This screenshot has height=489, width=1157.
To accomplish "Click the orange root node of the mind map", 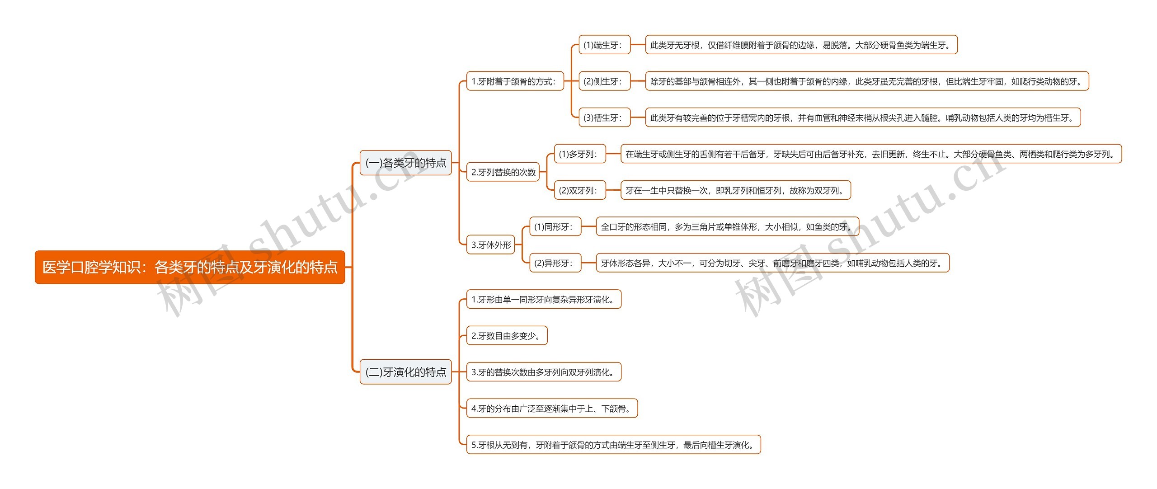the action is click(190, 267).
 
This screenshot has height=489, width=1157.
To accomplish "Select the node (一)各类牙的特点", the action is click(405, 163).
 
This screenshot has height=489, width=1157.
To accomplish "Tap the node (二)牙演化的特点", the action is click(405, 372).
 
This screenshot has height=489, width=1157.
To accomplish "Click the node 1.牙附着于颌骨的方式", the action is click(515, 81).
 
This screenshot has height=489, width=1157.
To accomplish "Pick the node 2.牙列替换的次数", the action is click(503, 172).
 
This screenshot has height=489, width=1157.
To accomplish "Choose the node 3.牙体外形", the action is click(490, 245).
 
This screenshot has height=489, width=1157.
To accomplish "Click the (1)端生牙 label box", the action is click(604, 45).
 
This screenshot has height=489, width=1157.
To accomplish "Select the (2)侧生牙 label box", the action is click(604, 81).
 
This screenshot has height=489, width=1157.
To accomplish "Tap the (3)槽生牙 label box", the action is click(604, 118).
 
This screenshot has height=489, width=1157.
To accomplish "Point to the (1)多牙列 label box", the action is click(579, 154).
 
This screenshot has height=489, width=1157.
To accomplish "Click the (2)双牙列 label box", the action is click(579, 191).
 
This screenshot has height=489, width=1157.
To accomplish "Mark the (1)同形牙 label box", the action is click(555, 227).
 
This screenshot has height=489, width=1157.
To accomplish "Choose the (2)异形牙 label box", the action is click(555, 263).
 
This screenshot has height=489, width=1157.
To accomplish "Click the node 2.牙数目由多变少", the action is click(507, 336).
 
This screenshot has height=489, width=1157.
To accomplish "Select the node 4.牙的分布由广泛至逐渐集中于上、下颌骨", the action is click(551, 409).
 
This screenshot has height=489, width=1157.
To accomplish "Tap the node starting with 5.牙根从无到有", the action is click(613, 445).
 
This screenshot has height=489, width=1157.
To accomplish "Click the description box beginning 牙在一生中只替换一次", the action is click(735, 191).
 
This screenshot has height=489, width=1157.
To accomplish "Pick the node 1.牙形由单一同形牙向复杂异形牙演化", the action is click(544, 300).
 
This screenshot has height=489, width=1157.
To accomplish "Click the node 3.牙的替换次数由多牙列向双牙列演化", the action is click(544, 372).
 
